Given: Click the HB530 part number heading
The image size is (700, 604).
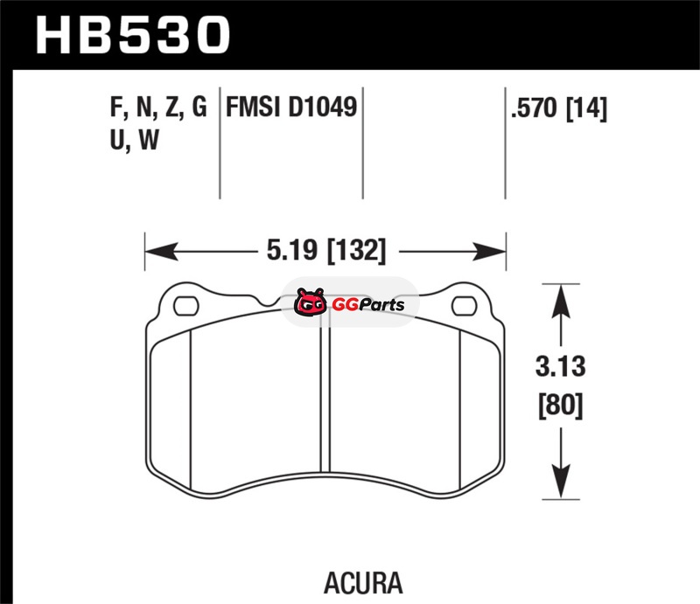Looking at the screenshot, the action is [x=133, y=35].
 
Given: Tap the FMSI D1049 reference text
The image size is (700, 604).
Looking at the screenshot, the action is [x=291, y=107].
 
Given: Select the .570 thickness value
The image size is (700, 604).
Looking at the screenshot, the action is [x=535, y=108].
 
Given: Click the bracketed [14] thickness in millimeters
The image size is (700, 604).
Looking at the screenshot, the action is [x=586, y=108].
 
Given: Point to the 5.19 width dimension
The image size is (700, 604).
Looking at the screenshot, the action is [x=291, y=250].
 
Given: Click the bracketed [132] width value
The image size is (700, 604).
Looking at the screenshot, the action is [x=356, y=250].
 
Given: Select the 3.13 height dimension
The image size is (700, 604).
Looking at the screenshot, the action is [x=560, y=366].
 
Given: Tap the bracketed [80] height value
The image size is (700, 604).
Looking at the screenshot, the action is [x=561, y=405].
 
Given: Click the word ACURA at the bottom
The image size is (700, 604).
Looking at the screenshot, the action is [x=363, y=583].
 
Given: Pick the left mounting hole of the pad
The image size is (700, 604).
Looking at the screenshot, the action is [x=186, y=306].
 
